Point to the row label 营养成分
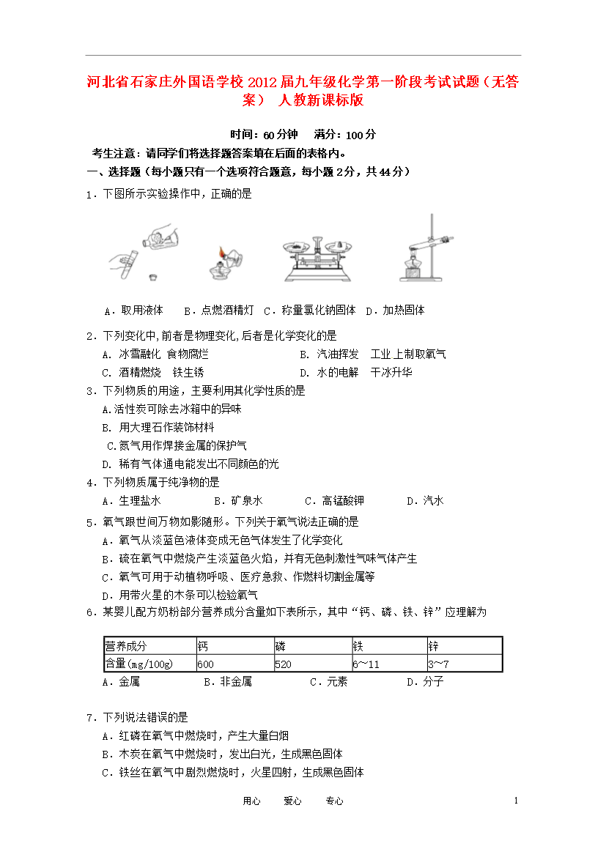coord(126,645)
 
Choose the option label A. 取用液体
coord(133,311)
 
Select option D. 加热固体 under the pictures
coord(395,311)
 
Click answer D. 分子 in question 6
coord(425,682)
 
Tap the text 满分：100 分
coord(345,135)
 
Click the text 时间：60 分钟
coord(264,135)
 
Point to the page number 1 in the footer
coord(517,801)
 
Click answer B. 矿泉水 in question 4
coord(237,501)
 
